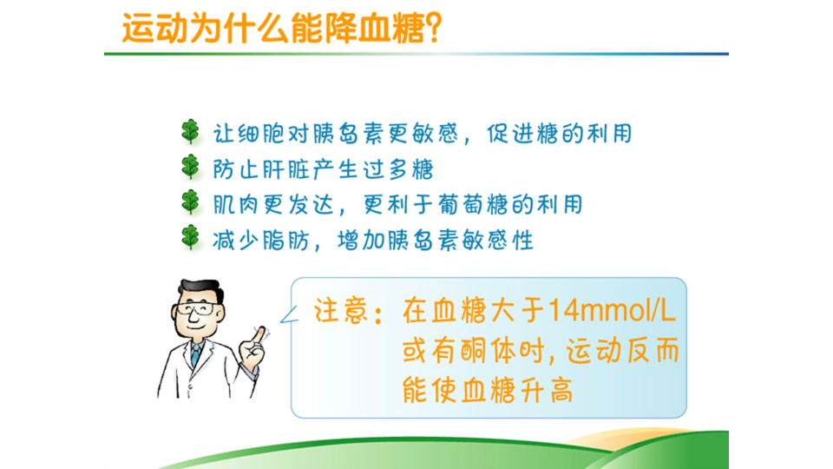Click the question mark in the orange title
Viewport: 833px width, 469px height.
[x=434, y=28]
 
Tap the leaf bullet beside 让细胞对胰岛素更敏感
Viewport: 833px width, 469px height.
[x=190, y=132]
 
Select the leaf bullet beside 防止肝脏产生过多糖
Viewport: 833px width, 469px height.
[x=190, y=167]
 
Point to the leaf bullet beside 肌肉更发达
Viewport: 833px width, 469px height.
[x=190, y=202]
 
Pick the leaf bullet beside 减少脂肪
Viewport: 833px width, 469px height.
[x=190, y=237]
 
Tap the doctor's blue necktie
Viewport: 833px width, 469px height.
[x=196, y=355]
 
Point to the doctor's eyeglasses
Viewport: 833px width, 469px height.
[x=197, y=308]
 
